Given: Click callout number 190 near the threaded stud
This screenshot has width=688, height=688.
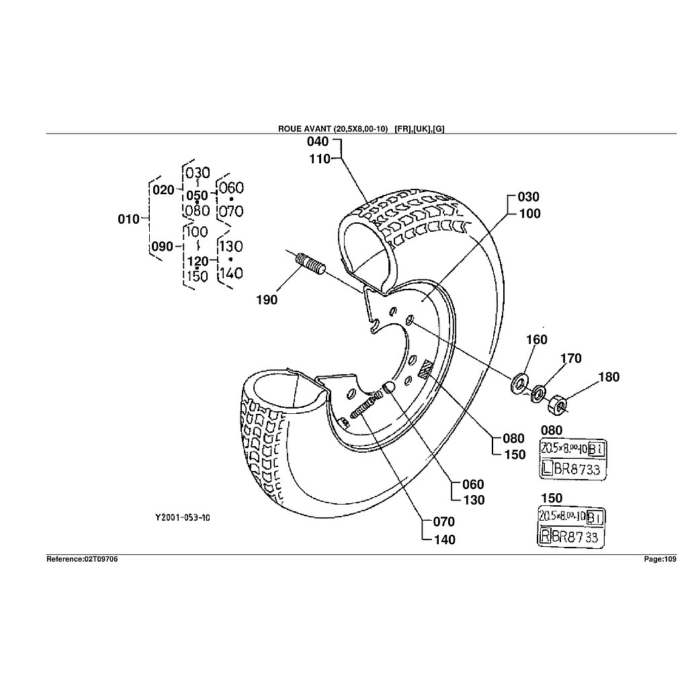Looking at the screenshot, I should click(x=267, y=300).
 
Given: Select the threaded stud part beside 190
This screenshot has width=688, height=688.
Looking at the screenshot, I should click(x=311, y=263).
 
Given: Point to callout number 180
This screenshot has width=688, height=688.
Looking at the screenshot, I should click(x=609, y=377).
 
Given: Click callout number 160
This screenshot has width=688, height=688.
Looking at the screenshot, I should click(x=536, y=340).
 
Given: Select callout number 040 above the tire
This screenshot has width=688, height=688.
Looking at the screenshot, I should click(x=318, y=142).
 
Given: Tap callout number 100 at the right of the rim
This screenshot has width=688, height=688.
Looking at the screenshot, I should click(x=529, y=214).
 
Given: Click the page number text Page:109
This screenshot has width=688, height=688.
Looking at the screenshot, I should click(x=660, y=559).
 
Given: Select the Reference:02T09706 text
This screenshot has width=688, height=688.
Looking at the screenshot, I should click(x=82, y=559).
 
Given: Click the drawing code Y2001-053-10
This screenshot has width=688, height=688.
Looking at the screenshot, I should click(x=183, y=517).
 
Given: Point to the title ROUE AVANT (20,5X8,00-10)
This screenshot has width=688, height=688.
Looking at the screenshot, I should click(x=333, y=129).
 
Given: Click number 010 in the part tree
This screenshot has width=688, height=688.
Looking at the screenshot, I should click(x=128, y=219).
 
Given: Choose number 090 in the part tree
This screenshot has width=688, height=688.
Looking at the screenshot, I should click(x=162, y=247).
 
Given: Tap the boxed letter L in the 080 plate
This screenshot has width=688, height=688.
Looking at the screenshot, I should click(x=548, y=470).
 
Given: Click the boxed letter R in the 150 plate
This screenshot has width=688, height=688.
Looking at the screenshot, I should click(x=546, y=536).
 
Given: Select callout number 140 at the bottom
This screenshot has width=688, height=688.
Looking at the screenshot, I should click(x=444, y=540).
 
